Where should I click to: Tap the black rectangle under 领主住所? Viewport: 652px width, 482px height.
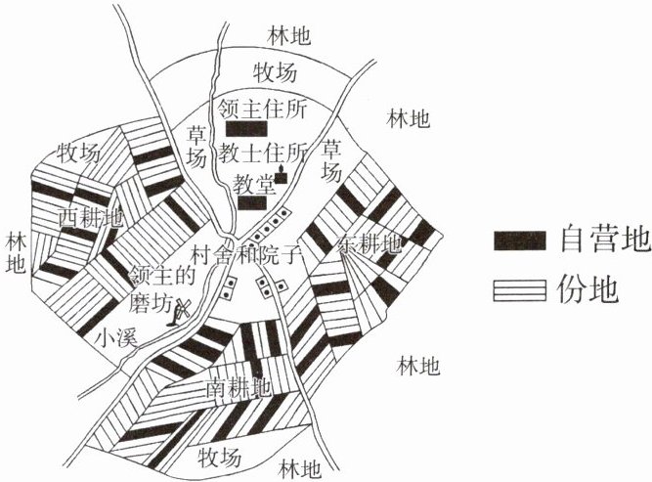(x=245, y=129)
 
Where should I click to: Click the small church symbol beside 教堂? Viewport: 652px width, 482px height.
(x=282, y=176)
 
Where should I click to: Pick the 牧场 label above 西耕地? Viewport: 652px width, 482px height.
(x=77, y=153)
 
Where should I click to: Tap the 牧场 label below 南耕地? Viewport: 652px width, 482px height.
(x=219, y=457)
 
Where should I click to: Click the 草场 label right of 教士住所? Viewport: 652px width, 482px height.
(x=333, y=160)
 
